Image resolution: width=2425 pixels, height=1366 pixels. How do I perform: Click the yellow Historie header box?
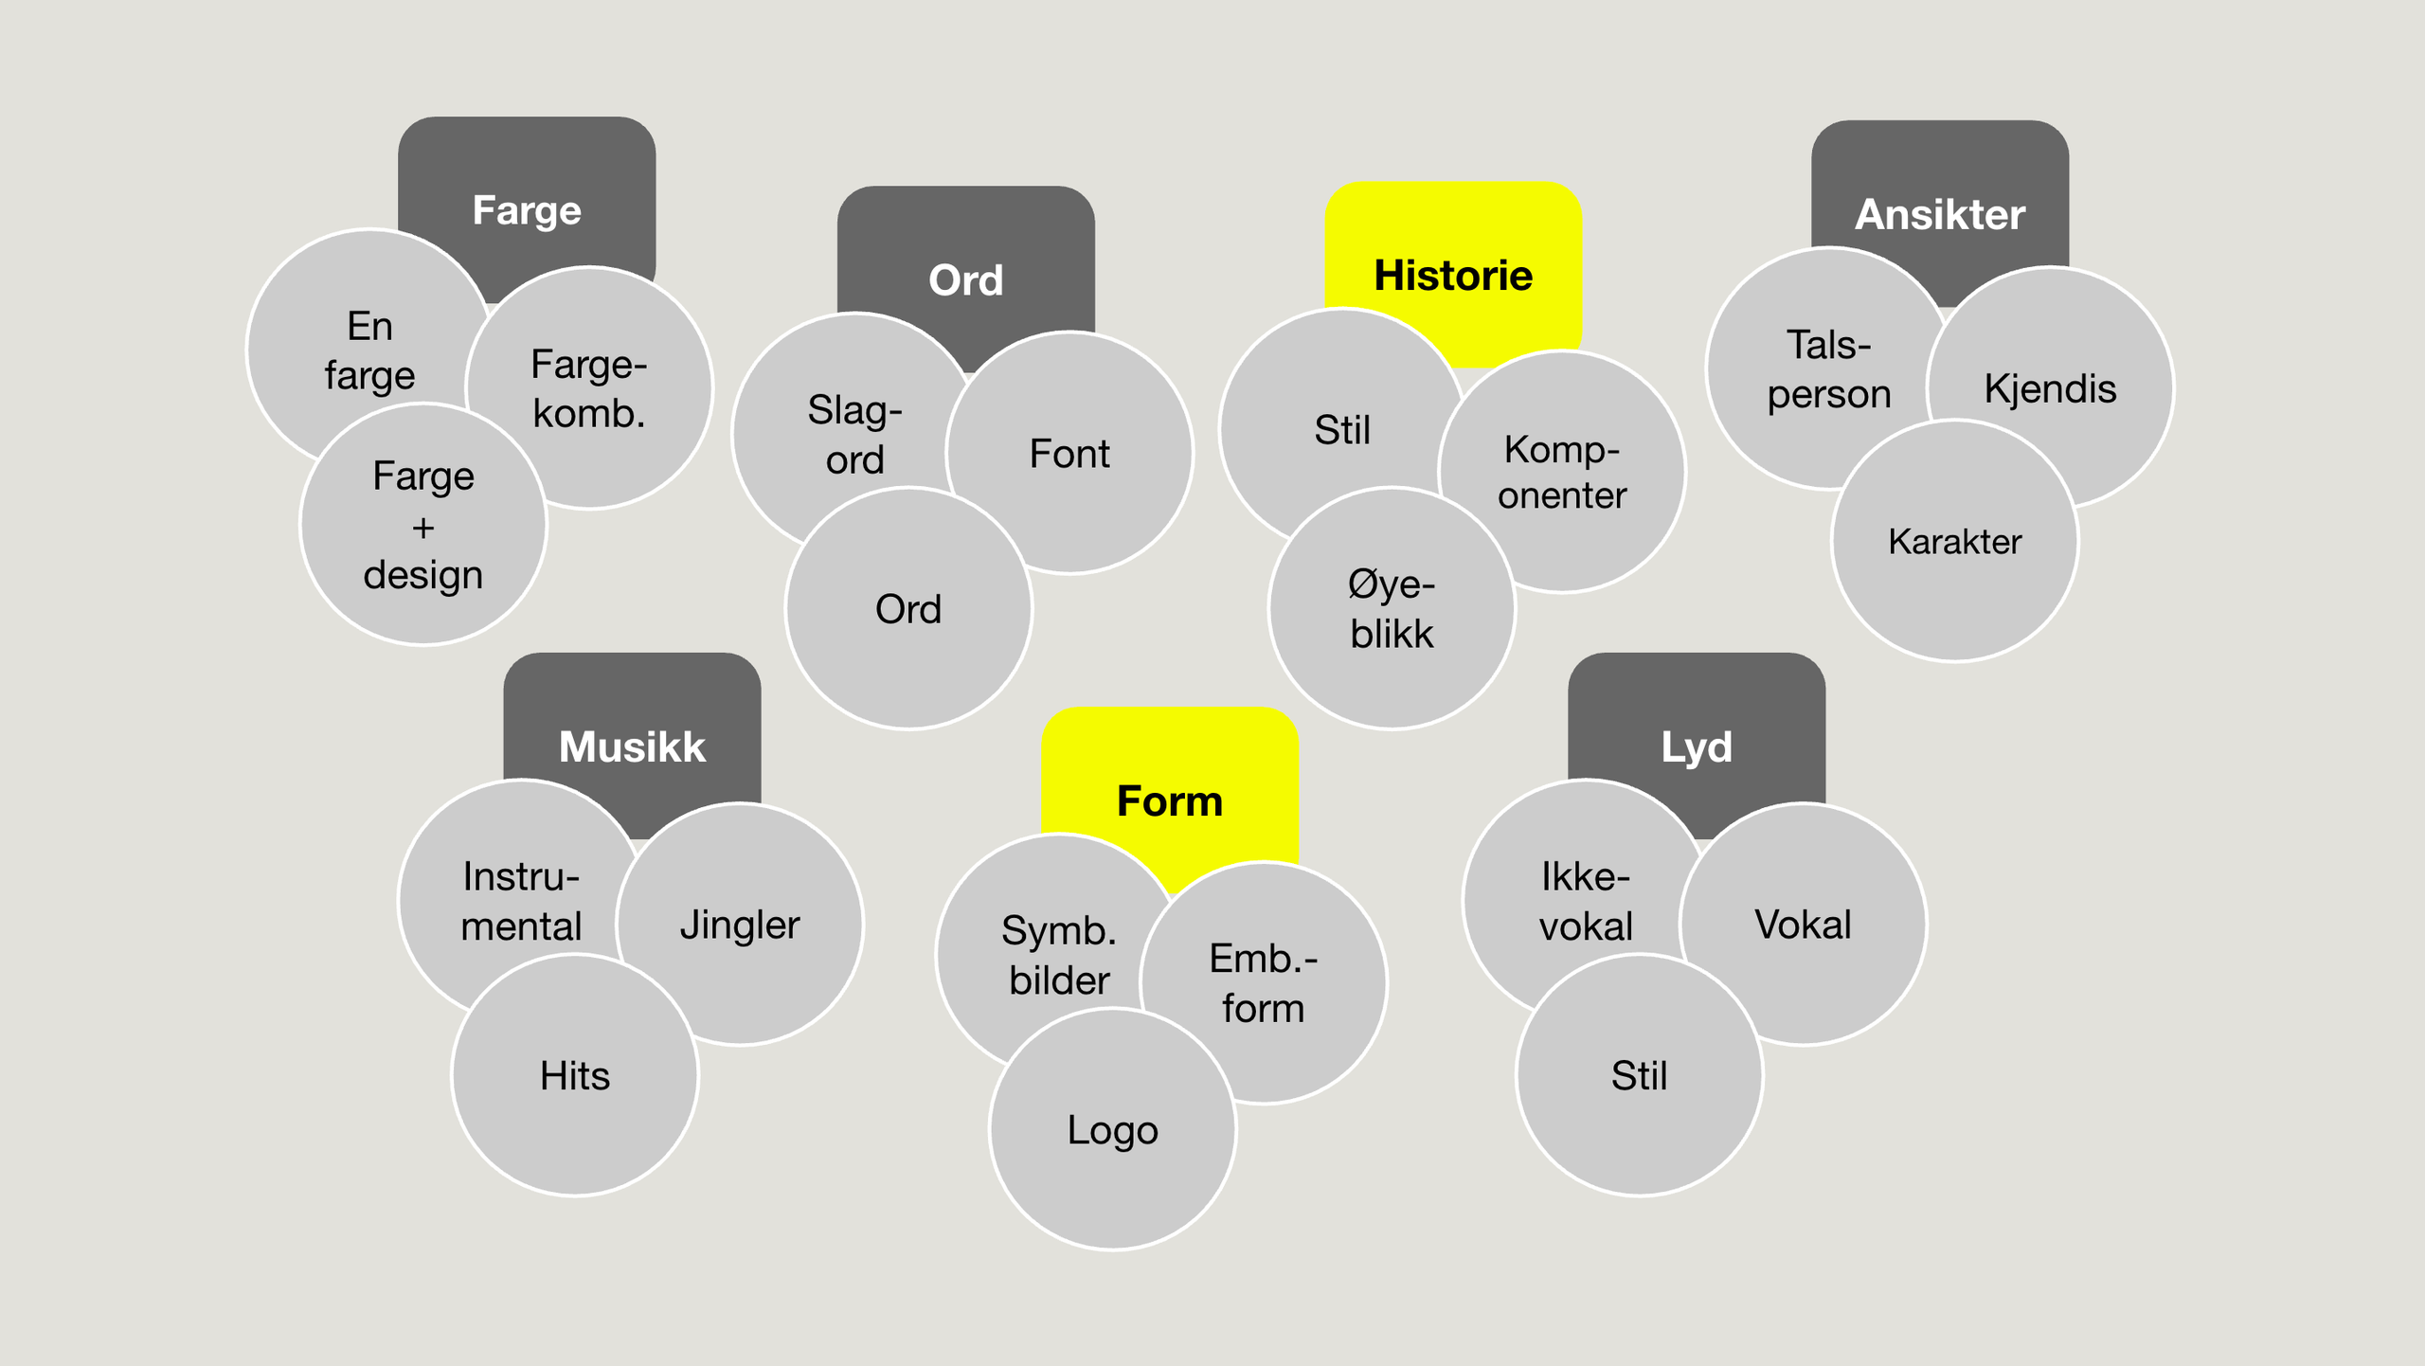click(1453, 275)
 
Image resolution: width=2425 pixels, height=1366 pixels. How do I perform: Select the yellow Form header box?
click(1170, 800)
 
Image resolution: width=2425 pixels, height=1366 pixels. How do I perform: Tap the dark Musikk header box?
click(632, 746)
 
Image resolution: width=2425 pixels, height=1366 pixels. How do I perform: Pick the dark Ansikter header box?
click(1940, 214)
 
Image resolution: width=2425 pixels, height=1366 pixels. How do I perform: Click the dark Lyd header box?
click(1697, 746)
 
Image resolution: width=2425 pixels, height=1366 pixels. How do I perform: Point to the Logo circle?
click(1112, 1129)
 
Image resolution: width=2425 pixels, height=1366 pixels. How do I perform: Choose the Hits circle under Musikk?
click(575, 1075)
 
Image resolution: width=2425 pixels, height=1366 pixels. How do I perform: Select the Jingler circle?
click(740, 924)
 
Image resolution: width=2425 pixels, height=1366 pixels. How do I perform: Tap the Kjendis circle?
click(2050, 387)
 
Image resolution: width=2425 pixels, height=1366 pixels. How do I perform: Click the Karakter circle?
click(1954, 541)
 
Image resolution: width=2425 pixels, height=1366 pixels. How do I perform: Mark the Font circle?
click(1069, 453)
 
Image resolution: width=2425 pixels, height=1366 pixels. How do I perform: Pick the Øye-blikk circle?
click(1392, 608)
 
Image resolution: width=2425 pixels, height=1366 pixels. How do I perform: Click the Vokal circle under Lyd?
click(1803, 924)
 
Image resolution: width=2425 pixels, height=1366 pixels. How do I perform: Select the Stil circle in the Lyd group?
click(1639, 1075)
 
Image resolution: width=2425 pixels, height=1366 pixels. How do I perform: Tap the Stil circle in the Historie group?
click(1341, 429)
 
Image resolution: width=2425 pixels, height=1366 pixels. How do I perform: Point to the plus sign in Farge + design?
click(423, 527)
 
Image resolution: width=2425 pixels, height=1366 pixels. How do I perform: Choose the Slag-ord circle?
click(854, 434)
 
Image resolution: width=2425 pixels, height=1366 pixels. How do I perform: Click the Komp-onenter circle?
click(1562, 472)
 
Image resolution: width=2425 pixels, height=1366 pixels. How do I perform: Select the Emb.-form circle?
click(1263, 982)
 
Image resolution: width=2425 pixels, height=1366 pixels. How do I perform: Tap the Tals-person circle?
click(1828, 368)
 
